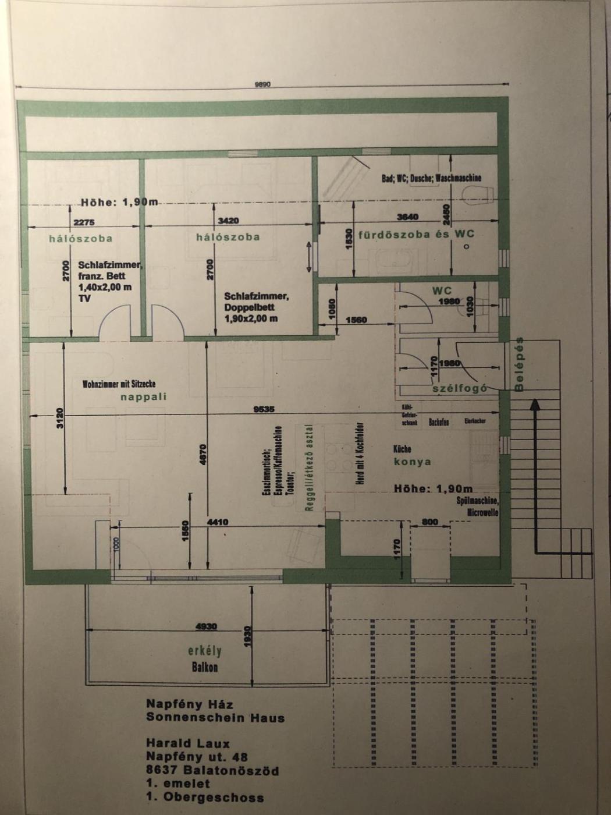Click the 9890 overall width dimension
pyautogui.click(x=262, y=84)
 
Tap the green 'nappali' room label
pyautogui.click(x=144, y=397)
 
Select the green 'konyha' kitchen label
pyautogui.click(x=412, y=462)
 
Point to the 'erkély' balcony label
pyautogui.click(x=205, y=651)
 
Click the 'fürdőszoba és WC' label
pyautogui.click(x=416, y=234)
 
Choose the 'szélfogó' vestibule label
pyautogui.click(x=459, y=389)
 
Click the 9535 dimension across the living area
pyautogui.click(x=264, y=409)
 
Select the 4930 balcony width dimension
pyautogui.click(x=206, y=626)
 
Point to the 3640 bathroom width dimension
pyautogui.click(x=407, y=217)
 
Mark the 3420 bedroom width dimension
pyautogui.click(x=228, y=221)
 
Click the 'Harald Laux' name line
pyautogui.click(x=188, y=743)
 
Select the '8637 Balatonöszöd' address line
pyautogui.click(x=212, y=771)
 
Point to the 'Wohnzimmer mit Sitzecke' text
pyautogui.click(x=119, y=384)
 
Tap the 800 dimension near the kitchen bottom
pyautogui.click(x=430, y=522)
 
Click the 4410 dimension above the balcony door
pyautogui.click(x=218, y=522)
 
